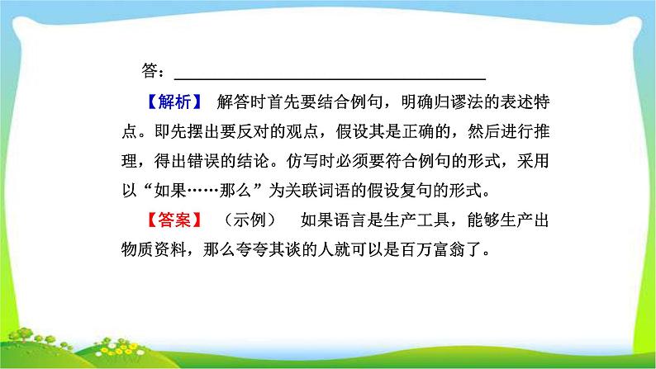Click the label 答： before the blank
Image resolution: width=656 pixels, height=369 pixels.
152,72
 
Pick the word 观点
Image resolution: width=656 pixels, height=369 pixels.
308,132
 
